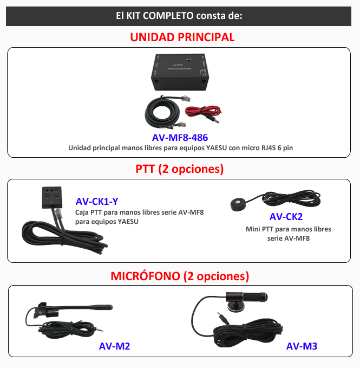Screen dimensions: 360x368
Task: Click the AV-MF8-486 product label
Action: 180,138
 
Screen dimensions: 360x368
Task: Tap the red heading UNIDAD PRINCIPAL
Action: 182,37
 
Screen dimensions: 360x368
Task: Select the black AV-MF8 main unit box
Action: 180,72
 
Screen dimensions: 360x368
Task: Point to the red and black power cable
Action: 203,113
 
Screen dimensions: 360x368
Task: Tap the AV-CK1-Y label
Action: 97,202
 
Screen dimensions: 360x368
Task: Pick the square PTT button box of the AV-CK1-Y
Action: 52,197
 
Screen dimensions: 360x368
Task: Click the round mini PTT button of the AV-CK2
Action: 238,204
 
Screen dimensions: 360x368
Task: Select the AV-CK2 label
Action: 286,217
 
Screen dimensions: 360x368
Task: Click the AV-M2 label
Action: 114,346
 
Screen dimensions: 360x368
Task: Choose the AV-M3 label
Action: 302,346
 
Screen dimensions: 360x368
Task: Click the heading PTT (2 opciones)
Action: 180,169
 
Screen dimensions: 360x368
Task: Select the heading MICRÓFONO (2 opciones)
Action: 180,276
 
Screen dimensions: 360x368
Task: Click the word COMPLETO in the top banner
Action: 168,16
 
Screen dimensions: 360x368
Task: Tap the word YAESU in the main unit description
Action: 217,148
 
